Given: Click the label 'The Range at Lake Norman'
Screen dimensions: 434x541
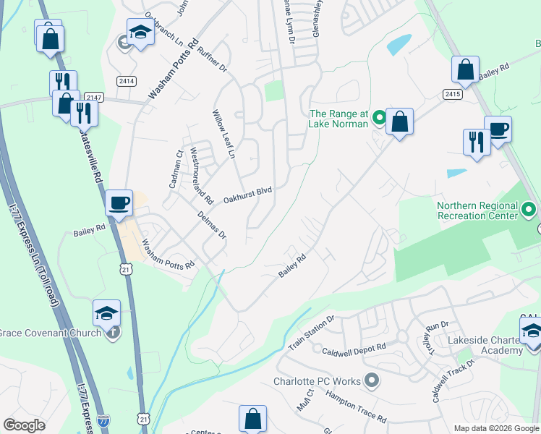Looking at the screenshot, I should (x=338, y=119).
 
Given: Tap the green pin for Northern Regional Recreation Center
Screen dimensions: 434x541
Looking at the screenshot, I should (x=529, y=211).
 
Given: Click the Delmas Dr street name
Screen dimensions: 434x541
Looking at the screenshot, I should (x=213, y=225).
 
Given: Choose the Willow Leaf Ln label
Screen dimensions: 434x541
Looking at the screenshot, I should (x=223, y=135).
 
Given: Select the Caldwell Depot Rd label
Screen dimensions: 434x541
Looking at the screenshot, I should (x=354, y=348).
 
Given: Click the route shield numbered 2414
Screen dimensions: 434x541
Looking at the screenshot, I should (x=127, y=81).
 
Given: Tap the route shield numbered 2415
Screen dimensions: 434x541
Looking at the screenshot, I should (x=453, y=95).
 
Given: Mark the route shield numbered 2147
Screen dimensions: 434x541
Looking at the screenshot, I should (x=93, y=97).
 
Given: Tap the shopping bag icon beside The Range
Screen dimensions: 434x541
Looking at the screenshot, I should (x=399, y=122).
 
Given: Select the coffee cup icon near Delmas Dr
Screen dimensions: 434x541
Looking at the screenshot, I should (x=119, y=203).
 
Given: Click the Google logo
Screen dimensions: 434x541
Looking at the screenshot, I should (x=25, y=425).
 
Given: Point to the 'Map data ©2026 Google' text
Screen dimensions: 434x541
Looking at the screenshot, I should (x=495, y=428).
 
